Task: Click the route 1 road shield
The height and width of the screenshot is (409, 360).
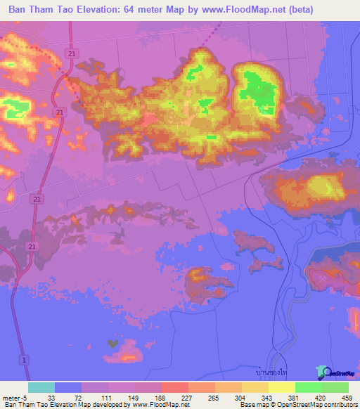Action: point(25,359)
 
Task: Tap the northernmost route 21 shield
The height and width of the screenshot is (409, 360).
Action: point(71,53)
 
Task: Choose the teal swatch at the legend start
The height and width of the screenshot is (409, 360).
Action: point(41,387)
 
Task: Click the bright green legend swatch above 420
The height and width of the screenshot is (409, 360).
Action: point(308,387)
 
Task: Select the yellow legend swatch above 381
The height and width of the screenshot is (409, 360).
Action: point(281,387)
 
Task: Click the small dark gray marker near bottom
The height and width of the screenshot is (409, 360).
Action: point(111,344)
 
